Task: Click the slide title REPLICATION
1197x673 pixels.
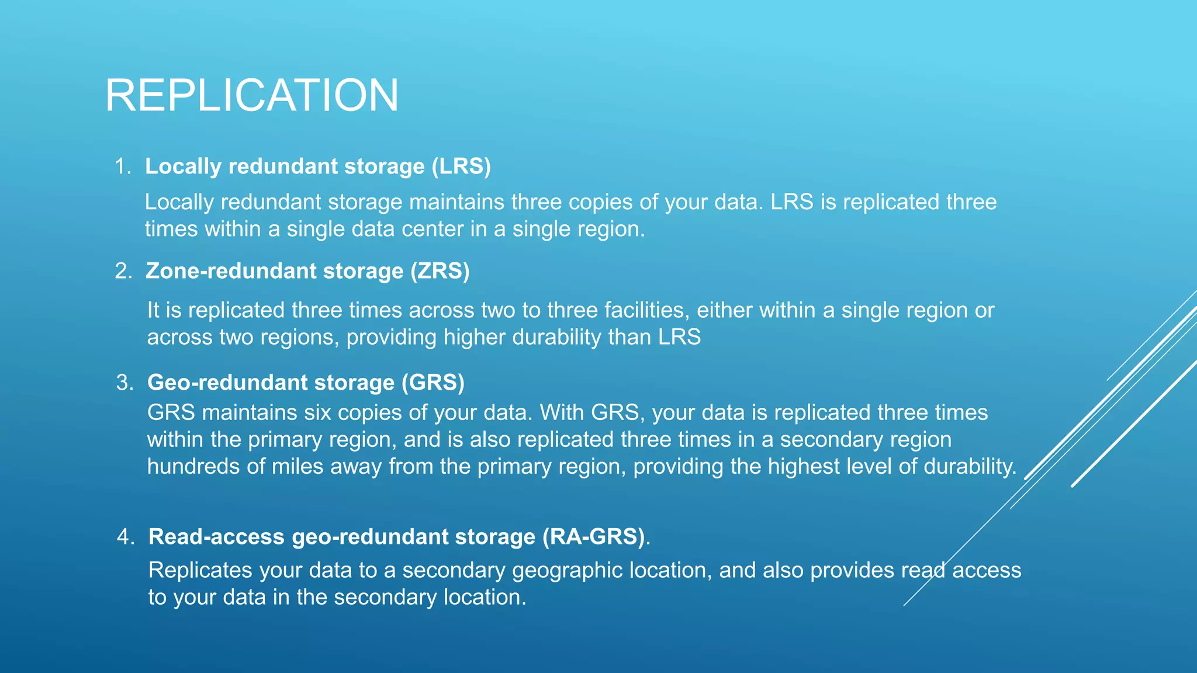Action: (252, 95)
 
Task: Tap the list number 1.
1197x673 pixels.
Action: (122, 166)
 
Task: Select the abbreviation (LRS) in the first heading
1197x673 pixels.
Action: (461, 166)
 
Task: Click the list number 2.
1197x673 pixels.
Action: (123, 271)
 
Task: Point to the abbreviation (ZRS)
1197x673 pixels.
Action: (440, 271)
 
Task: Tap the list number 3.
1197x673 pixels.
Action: (124, 383)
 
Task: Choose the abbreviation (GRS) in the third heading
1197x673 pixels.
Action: (433, 383)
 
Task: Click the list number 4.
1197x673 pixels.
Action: (126, 537)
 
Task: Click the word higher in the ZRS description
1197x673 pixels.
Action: (478, 337)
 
